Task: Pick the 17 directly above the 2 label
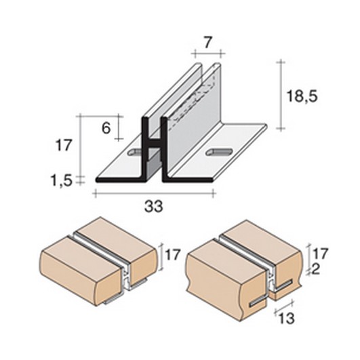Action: (321, 254)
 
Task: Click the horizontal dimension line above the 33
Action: (155, 194)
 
